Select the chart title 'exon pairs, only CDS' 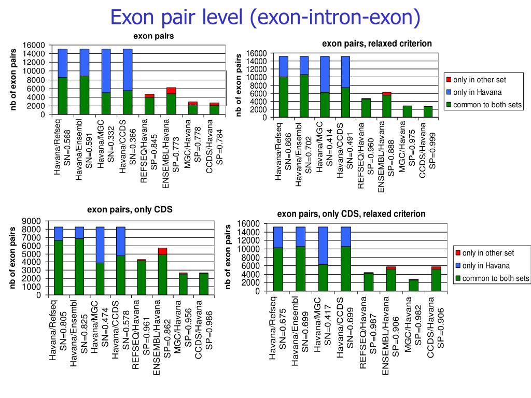tap(129, 209)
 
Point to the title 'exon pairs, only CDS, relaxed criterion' tap(351, 214)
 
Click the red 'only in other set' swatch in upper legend tap(449, 80)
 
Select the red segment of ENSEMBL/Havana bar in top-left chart tap(171, 91)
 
